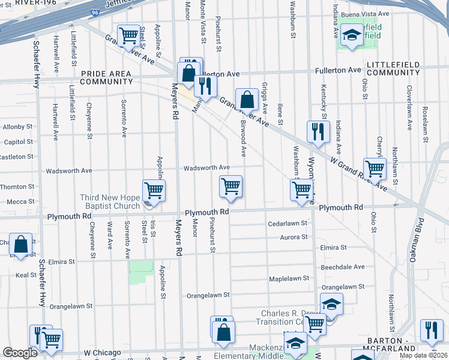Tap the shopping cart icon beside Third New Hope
154,191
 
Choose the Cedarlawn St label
288,223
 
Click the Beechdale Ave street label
342,266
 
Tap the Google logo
20,353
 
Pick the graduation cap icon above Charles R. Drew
331,304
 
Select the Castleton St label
16,157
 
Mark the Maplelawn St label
288,278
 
